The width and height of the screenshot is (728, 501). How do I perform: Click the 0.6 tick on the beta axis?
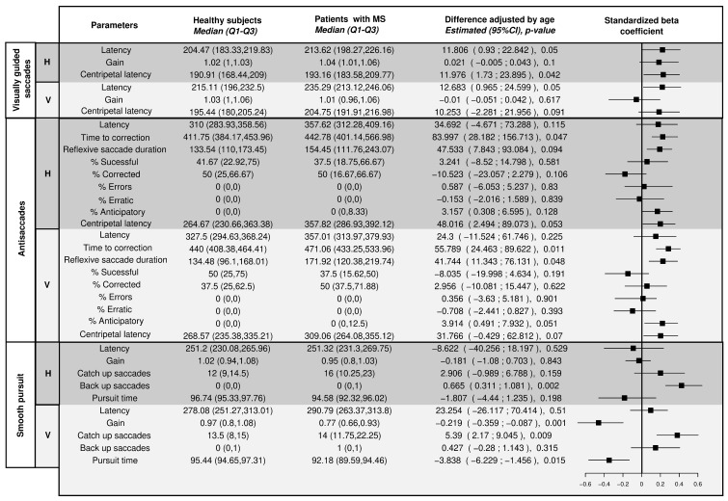[697, 485]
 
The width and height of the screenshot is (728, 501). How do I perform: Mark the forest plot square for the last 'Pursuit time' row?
[608, 461]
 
